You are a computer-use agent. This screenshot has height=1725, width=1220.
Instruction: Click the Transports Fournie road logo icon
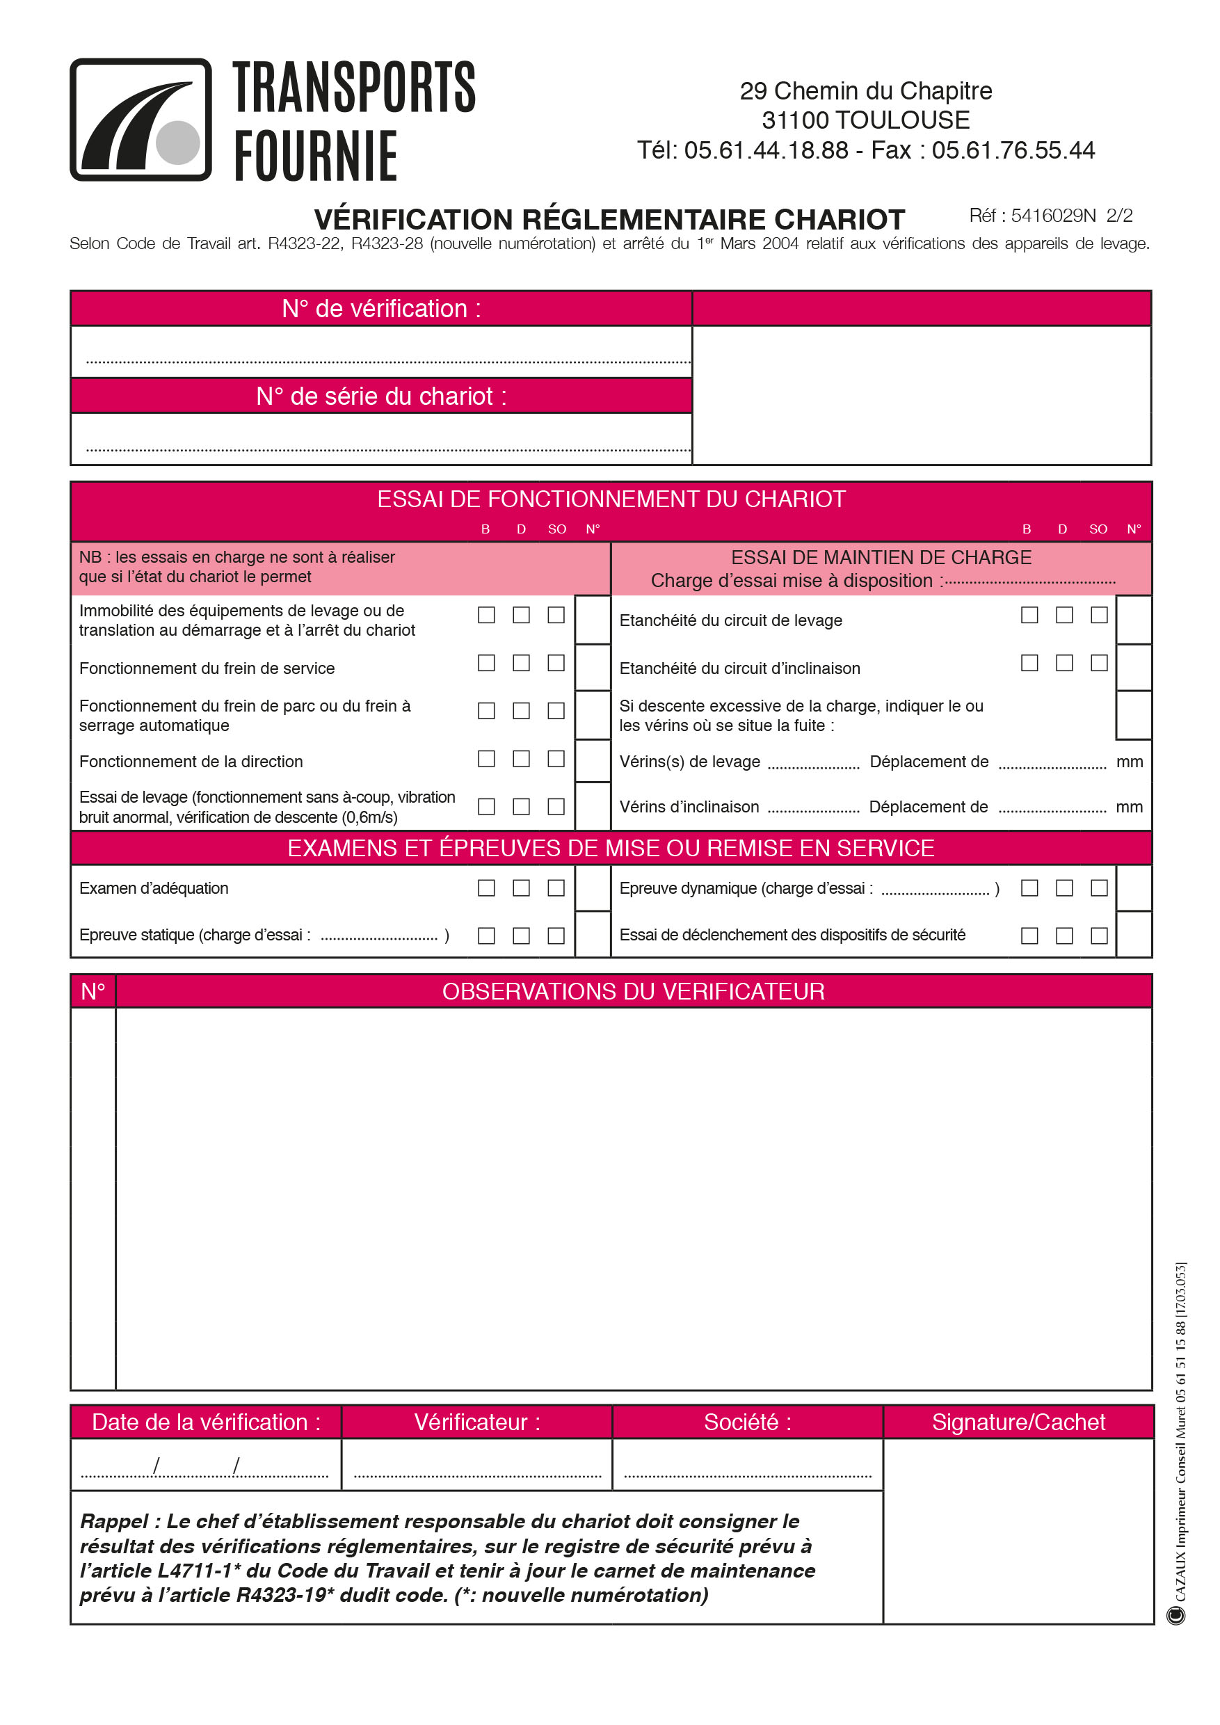click(141, 120)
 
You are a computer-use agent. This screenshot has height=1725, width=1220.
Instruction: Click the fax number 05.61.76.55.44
click(1013, 150)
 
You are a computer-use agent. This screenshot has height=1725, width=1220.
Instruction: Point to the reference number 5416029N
click(1053, 216)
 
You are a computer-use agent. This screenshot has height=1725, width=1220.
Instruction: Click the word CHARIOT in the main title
click(839, 219)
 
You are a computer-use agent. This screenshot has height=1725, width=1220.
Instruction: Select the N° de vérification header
click(381, 309)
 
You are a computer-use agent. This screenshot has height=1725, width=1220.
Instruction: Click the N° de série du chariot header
click(381, 396)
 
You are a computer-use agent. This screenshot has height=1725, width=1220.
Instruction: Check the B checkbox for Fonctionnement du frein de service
click(486, 663)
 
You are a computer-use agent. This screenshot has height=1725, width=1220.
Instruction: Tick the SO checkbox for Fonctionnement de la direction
click(556, 759)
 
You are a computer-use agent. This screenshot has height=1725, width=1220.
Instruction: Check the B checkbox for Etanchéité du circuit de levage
click(1029, 615)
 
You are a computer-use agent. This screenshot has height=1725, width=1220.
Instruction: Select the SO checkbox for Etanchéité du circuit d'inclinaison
click(1099, 663)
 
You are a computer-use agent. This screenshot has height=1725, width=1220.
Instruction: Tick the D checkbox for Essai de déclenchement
click(1064, 936)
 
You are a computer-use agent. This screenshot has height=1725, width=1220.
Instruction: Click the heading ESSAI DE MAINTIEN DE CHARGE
click(881, 557)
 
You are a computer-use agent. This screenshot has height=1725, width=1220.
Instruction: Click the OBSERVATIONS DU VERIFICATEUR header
click(633, 992)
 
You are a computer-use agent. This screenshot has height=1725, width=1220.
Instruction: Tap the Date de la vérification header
click(206, 1422)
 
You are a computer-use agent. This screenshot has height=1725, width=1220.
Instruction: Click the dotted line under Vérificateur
click(477, 1475)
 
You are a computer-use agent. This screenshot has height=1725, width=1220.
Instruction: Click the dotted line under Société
click(748, 1475)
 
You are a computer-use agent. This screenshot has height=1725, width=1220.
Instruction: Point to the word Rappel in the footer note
click(114, 1521)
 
